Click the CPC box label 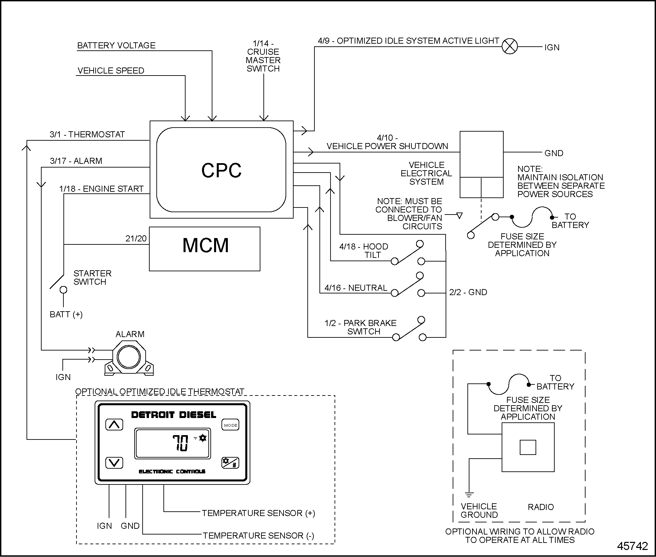tap(221, 170)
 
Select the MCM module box tap(205, 249)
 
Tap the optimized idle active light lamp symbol tap(510, 46)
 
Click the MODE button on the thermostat tap(231, 425)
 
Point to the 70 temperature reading tap(181, 443)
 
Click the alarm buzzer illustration tap(130, 358)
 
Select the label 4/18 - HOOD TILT tap(364, 250)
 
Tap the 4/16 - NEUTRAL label tap(356, 288)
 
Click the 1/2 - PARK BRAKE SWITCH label tap(361, 327)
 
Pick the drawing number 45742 tap(632, 546)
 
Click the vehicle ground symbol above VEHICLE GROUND tap(469, 495)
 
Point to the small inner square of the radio tap(528, 447)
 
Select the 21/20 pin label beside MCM tap(136, 238)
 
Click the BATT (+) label tap(66, 314)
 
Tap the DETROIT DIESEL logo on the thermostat tap(173, 415)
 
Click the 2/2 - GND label tap(468, 292)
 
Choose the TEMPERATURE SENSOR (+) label tap(258, 513)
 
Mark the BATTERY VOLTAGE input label tap(116, 45)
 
